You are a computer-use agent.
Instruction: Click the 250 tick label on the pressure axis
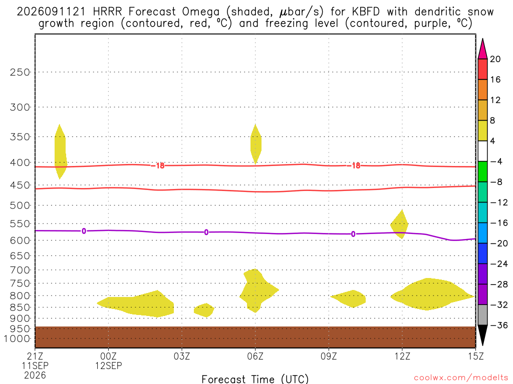tap(20, 72)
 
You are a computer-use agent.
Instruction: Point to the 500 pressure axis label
tap(20, 205)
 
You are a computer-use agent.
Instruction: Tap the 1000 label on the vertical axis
tap(17, 338)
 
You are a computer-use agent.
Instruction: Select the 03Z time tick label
tap(182, 356)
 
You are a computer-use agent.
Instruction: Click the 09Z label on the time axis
tap(329, 356)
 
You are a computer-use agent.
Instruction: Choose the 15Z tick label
tap(475, 356)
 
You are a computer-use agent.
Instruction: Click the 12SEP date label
tap(109, 365)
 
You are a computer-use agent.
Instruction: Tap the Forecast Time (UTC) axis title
tap(255, 379)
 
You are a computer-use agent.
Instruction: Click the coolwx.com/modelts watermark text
tap(461, 378)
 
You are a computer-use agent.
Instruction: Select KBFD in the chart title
tap(366, 11)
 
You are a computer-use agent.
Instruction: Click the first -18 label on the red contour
tap(158, 166)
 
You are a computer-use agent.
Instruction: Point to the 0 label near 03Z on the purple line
tap(206, 232)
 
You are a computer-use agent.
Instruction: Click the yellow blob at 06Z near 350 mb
tap(256, 143)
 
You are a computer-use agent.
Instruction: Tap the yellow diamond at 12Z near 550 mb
tap(399, 224)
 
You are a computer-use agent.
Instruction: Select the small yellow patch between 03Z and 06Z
tap(204, 310)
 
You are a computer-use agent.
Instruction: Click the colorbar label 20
tap(495, 59)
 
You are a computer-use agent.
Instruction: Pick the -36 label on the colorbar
tap(498, 325)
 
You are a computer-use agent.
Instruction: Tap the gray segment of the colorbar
tap(482, 315)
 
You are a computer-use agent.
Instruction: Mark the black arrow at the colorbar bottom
tap(482, 334)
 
